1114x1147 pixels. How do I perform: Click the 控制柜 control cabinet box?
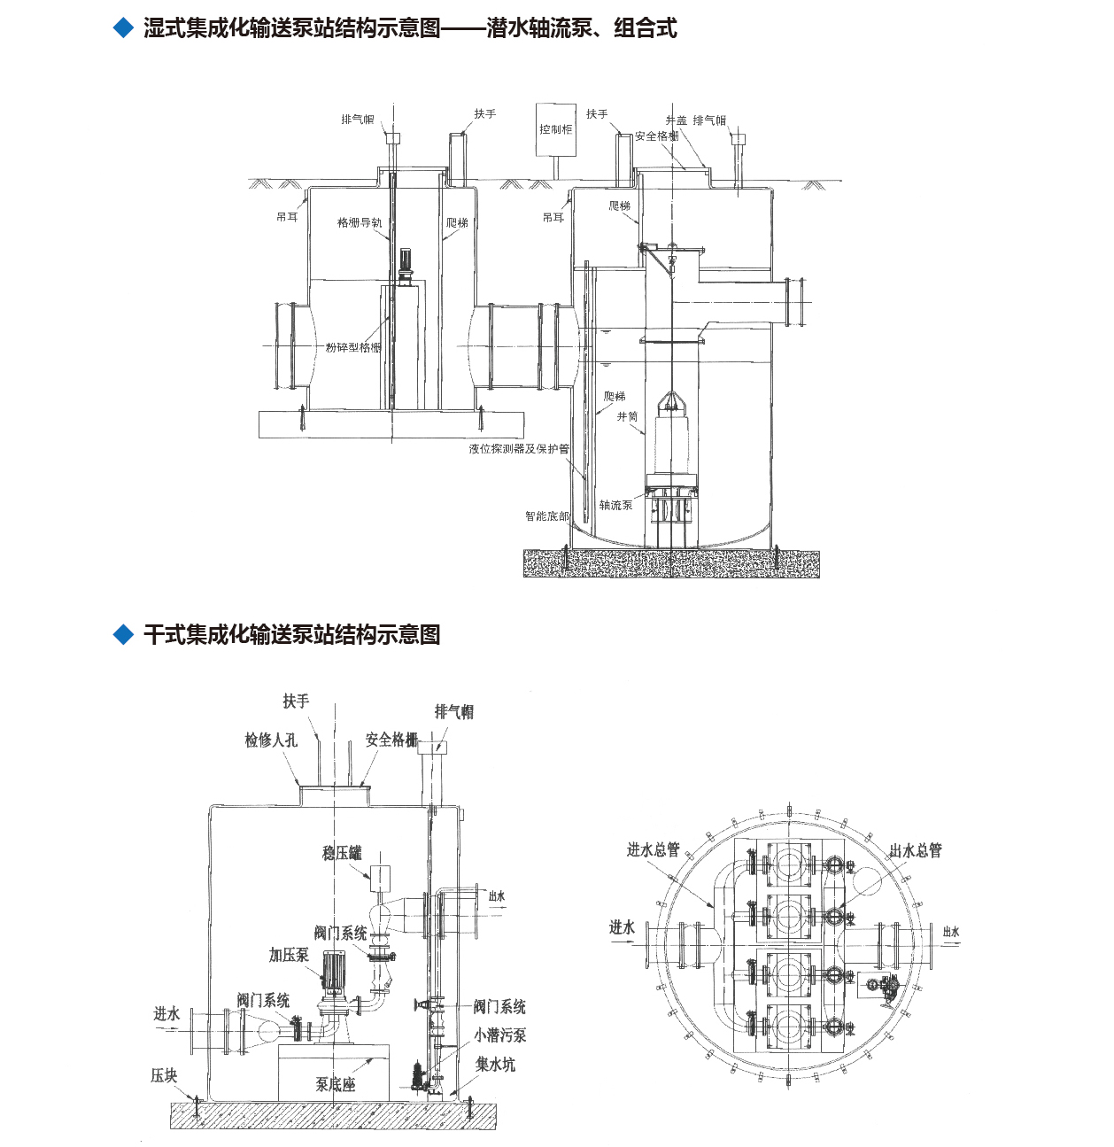(555, 129)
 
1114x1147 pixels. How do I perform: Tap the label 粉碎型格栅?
(352, 348)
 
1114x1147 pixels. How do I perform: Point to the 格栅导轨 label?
(360, 223)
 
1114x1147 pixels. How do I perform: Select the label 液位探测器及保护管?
(519, 449)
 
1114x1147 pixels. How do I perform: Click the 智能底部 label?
(547, 516)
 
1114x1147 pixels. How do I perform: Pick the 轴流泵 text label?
(615, 505)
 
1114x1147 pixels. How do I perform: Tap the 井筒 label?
(627, 416)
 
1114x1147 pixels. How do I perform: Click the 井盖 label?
(676, 120)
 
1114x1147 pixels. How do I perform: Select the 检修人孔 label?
(271, 740)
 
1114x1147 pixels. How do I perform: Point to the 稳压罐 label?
(342, 853)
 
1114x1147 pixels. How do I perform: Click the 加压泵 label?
(289, 955)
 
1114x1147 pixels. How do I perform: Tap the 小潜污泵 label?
(499, 1035)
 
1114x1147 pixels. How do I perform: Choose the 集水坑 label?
(495, 1064)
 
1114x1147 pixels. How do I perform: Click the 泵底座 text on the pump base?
(335, 1084)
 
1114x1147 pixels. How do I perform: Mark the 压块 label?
(164, 1075)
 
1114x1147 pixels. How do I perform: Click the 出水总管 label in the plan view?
(915, 850)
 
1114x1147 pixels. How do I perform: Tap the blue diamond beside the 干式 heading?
(123, 635)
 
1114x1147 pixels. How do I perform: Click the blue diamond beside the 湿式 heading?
(123, 28)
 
